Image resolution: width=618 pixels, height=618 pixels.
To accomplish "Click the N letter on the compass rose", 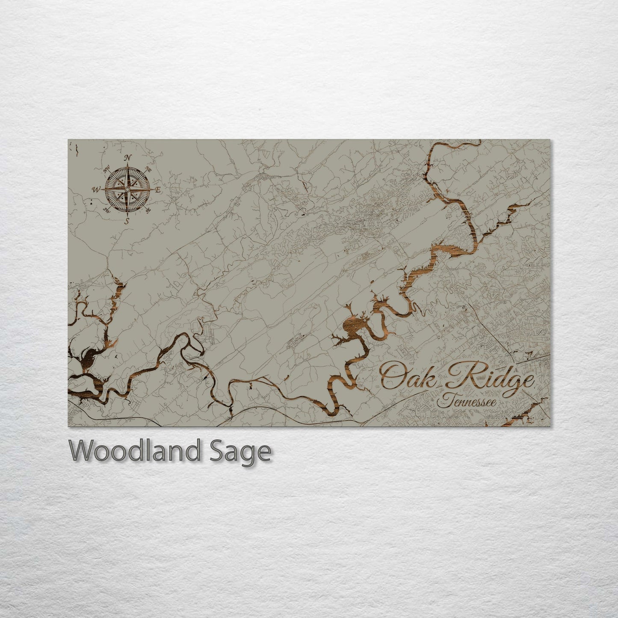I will tap(127, 158).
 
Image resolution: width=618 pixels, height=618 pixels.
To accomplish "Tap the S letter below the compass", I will tap(127, 221).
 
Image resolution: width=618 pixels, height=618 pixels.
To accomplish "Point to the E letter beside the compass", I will tap(158, 189).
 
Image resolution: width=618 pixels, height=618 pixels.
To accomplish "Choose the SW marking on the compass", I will tap(107, 210).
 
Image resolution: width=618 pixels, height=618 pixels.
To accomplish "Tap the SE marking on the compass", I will tap(148, 210).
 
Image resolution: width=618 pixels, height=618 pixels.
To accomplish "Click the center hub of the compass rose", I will tap(127, 189).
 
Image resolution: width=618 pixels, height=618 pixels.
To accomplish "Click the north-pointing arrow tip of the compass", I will tap(127, 165).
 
